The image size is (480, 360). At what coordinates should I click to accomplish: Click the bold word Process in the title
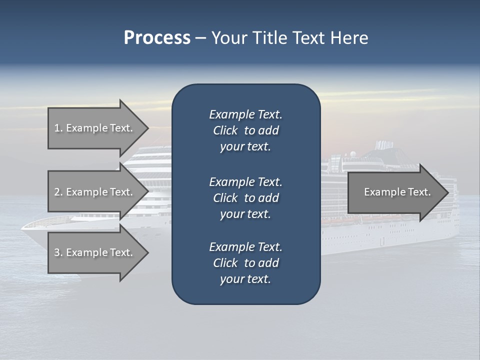(157, 38)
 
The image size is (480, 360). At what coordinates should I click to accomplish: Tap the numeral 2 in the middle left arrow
(57, 192)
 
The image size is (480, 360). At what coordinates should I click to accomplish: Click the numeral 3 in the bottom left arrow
(57, 252)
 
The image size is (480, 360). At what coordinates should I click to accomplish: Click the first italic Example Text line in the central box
(245, 114)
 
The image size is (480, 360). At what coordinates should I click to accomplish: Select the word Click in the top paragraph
(225, 131)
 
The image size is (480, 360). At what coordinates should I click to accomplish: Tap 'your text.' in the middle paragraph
(245, 214)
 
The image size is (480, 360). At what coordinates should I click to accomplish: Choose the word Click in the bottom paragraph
(225, 263)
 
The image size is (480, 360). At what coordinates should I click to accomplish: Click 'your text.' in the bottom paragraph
(245, 279)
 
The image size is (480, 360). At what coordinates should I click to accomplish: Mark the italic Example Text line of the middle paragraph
(245, 181)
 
